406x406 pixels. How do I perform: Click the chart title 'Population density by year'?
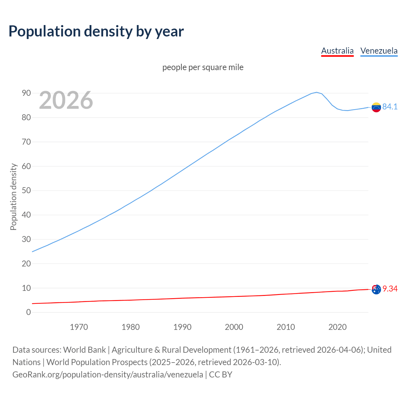(x=96, y=31)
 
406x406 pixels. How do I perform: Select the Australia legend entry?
(x=337, y=51)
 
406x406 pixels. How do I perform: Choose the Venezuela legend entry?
(x=379, y=51)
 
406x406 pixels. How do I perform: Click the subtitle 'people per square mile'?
(x=203, y=67)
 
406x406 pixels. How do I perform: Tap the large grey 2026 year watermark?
(x=66, y=100)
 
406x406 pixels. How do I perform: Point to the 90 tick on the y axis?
(x=26, y=93)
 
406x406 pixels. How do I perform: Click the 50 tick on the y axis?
(x=26, y=191)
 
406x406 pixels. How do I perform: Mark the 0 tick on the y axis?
(x=29, y=312)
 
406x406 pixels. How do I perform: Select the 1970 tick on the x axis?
(x=79, y=327)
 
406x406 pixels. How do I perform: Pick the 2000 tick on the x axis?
(x=234, y=327)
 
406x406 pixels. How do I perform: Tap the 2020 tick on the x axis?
(x=337, y=327)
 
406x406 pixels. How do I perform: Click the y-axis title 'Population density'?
(x=13, y=197)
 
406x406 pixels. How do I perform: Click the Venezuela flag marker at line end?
(x=376, y=107)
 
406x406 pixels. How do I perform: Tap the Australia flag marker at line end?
(x=376, y=289)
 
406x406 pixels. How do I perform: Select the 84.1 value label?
(x=390, y=107)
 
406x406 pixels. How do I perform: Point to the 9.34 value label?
(x=390, y=289)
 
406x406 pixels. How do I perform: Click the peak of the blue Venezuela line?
(x=316, y=92)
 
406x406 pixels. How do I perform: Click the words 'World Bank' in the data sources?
(x=84, y=350)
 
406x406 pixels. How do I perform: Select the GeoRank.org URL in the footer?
(x=108, y=375)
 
